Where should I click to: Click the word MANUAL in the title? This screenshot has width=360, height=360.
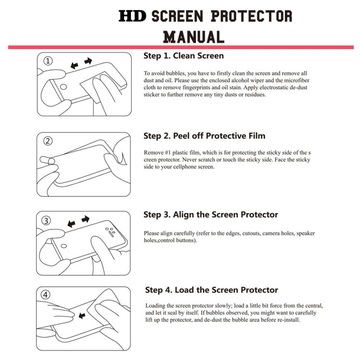193,36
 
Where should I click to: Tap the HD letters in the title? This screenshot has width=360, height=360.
133,16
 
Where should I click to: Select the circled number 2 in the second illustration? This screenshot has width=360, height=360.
48,141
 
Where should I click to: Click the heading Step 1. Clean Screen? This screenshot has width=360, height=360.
183,56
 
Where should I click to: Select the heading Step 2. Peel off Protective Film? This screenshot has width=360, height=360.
204,136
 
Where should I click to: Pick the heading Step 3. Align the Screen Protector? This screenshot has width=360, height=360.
210,215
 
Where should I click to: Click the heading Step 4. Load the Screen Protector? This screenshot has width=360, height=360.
211,290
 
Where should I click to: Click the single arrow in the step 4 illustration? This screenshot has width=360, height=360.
82,315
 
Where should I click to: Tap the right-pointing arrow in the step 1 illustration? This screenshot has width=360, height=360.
88,61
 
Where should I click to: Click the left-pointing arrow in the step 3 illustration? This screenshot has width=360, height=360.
71,224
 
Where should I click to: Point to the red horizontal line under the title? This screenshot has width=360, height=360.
180,47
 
